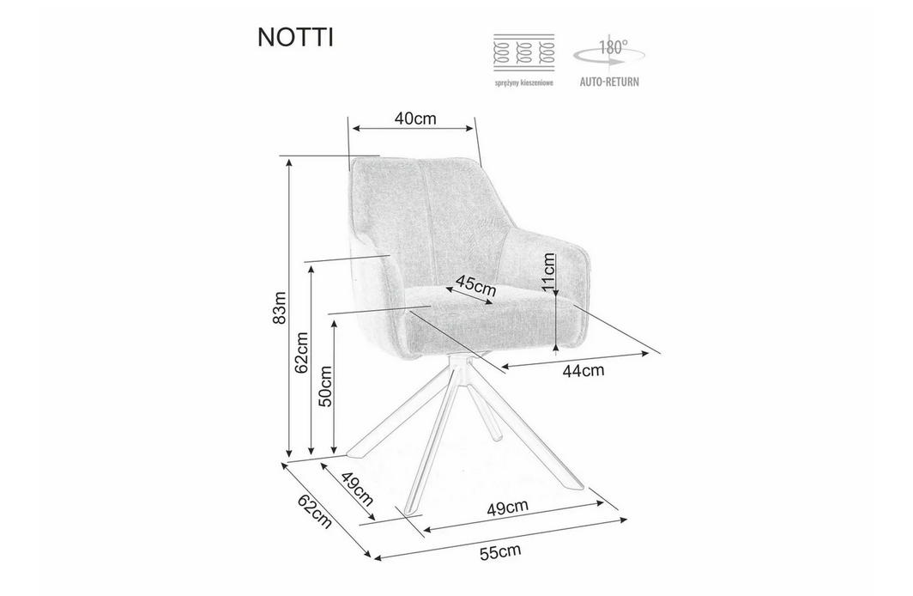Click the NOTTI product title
[x=295, y=37]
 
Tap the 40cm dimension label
[x=415, y=119]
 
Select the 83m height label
[x=281, y=307]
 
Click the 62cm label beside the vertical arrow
[x=302, y=353]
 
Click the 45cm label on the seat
[x=475, y=285]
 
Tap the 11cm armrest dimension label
[x=548, y=272]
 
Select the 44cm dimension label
[x=583, y=370]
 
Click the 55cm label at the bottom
[x=500, y=551]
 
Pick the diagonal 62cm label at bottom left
[x=315, y=512]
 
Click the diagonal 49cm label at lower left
[x=356, y=489]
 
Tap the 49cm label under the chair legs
[x=508, y=507]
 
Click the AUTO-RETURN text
[x=609, y=82]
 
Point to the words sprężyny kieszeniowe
[x=524, y=82]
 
